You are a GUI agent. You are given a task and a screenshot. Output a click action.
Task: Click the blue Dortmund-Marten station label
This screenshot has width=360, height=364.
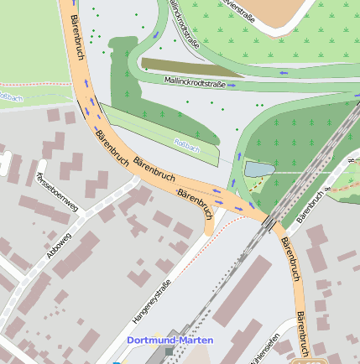tap(170, 341)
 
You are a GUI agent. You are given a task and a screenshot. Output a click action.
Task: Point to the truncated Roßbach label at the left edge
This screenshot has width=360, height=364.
tap(10, 98)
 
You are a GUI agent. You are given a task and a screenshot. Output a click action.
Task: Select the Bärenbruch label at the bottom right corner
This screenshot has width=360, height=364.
tap(303, 335)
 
